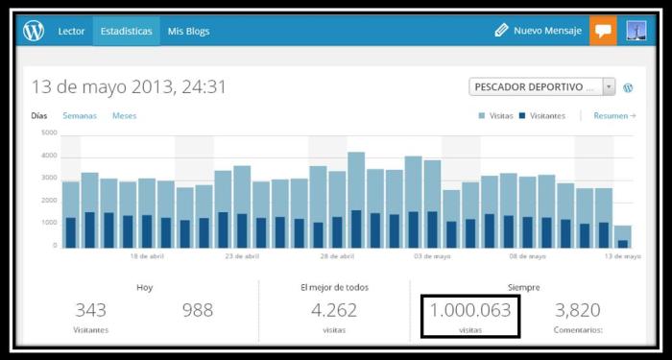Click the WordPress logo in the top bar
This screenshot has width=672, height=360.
pyautogui.click(x=34, y=31)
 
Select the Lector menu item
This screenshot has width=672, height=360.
pyautogui.click(x=72, y=32)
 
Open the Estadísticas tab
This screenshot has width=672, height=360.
pyautogui.click(x=126, y=32)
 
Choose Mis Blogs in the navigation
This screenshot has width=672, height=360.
pyautogui.click(x=188, y=32)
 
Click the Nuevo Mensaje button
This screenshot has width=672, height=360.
pyautogui.click(x=539, y=31)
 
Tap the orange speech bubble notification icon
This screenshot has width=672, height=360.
pyautogui.click(x=603, y=31)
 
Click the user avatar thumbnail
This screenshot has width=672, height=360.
pyautogui.click(x=636, y=31)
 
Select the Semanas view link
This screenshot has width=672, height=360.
pyautogui.click(x=80, y=116)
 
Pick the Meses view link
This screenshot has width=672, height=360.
pyautogui.click(x=124, y=116)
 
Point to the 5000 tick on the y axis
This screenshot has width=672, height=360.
pyautogui.click(x=49, y=132)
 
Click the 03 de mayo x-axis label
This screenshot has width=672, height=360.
pyautogui.click(x=427, y=257)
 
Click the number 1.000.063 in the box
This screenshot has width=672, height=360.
pyautogui.click(x=469, y=310)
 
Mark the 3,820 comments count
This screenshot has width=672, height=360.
pyautogui.click(x=578, y=310)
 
